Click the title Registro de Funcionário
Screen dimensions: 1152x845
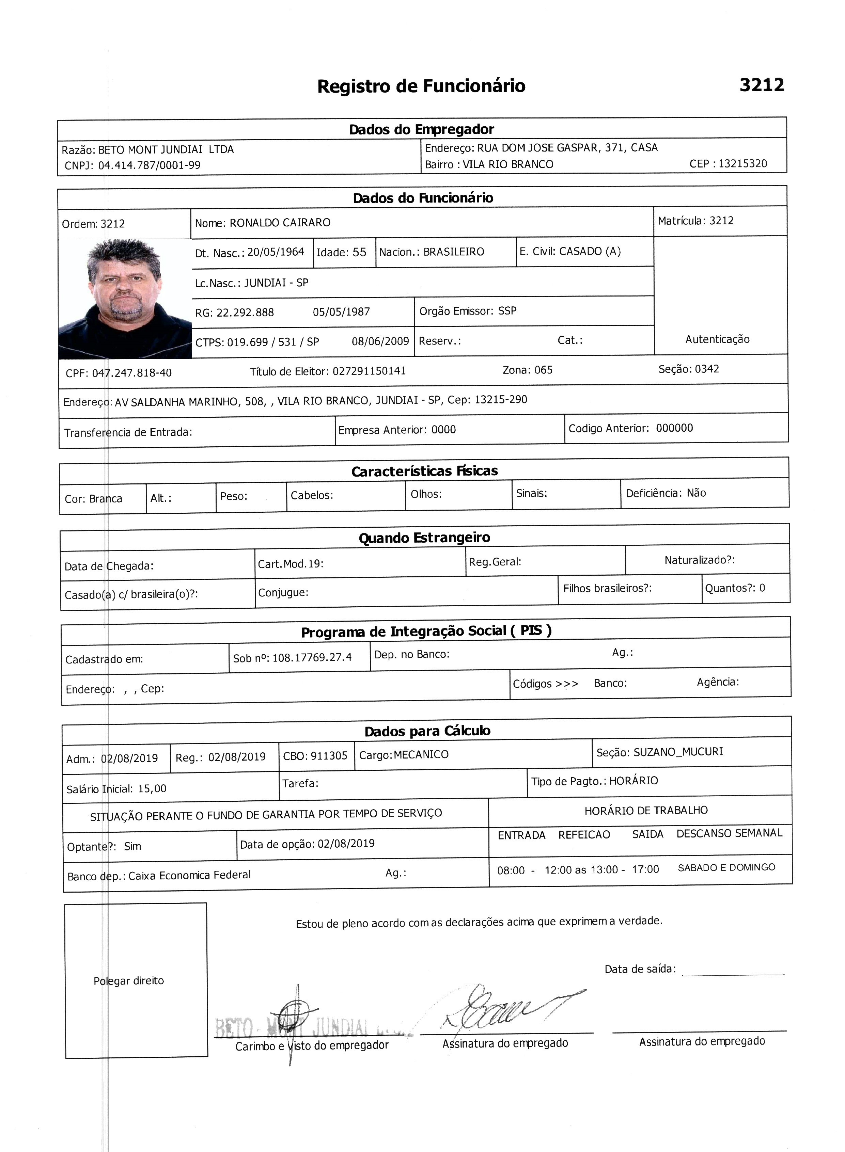(421, 86)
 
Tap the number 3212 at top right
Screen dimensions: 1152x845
(762, 85)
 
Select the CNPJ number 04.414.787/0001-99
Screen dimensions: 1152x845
(150, 165)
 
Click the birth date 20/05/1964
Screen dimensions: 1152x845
(276, 252)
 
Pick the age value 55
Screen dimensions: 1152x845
(360, 252)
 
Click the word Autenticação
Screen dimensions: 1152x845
(717, 339)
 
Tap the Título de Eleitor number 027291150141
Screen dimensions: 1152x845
(369, 371)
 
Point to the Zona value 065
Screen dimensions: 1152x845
(543, 370)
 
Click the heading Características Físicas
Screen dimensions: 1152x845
(425, 471)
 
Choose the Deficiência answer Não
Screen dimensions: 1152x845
(696, 493)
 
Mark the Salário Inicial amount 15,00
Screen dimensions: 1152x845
(153, 788)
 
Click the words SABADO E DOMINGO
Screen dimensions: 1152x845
(726, 867)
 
